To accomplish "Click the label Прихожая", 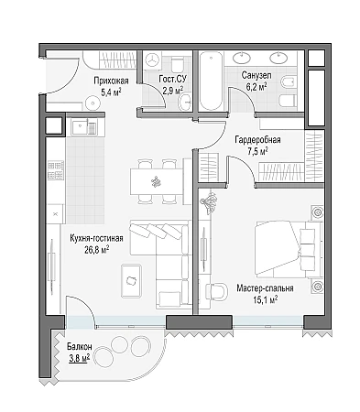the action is (111, 81).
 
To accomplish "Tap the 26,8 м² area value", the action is (97, 250).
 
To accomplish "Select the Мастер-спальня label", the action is (265, 288).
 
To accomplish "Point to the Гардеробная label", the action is (257, 140).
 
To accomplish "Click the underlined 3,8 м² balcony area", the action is (80, 358).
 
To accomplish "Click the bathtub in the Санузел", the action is (211, 81).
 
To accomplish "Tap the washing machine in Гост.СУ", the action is (152, 60).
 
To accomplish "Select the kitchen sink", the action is (83, 126).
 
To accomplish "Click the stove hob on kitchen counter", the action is (56, 170).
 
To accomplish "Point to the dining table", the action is (158, 181).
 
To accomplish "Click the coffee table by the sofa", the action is (131, 281).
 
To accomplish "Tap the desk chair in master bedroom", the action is (216, 291).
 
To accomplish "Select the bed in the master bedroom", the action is (289, 249).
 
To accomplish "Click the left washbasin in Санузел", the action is (242, 58).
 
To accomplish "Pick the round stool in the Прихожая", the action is (92, 103).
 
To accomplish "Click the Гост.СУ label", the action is (172, 79).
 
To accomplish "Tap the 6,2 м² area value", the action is (256, 87).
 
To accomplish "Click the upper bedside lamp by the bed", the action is (317, 211).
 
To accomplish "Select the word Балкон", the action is (80, 347).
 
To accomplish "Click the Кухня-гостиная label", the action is (96, 238).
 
